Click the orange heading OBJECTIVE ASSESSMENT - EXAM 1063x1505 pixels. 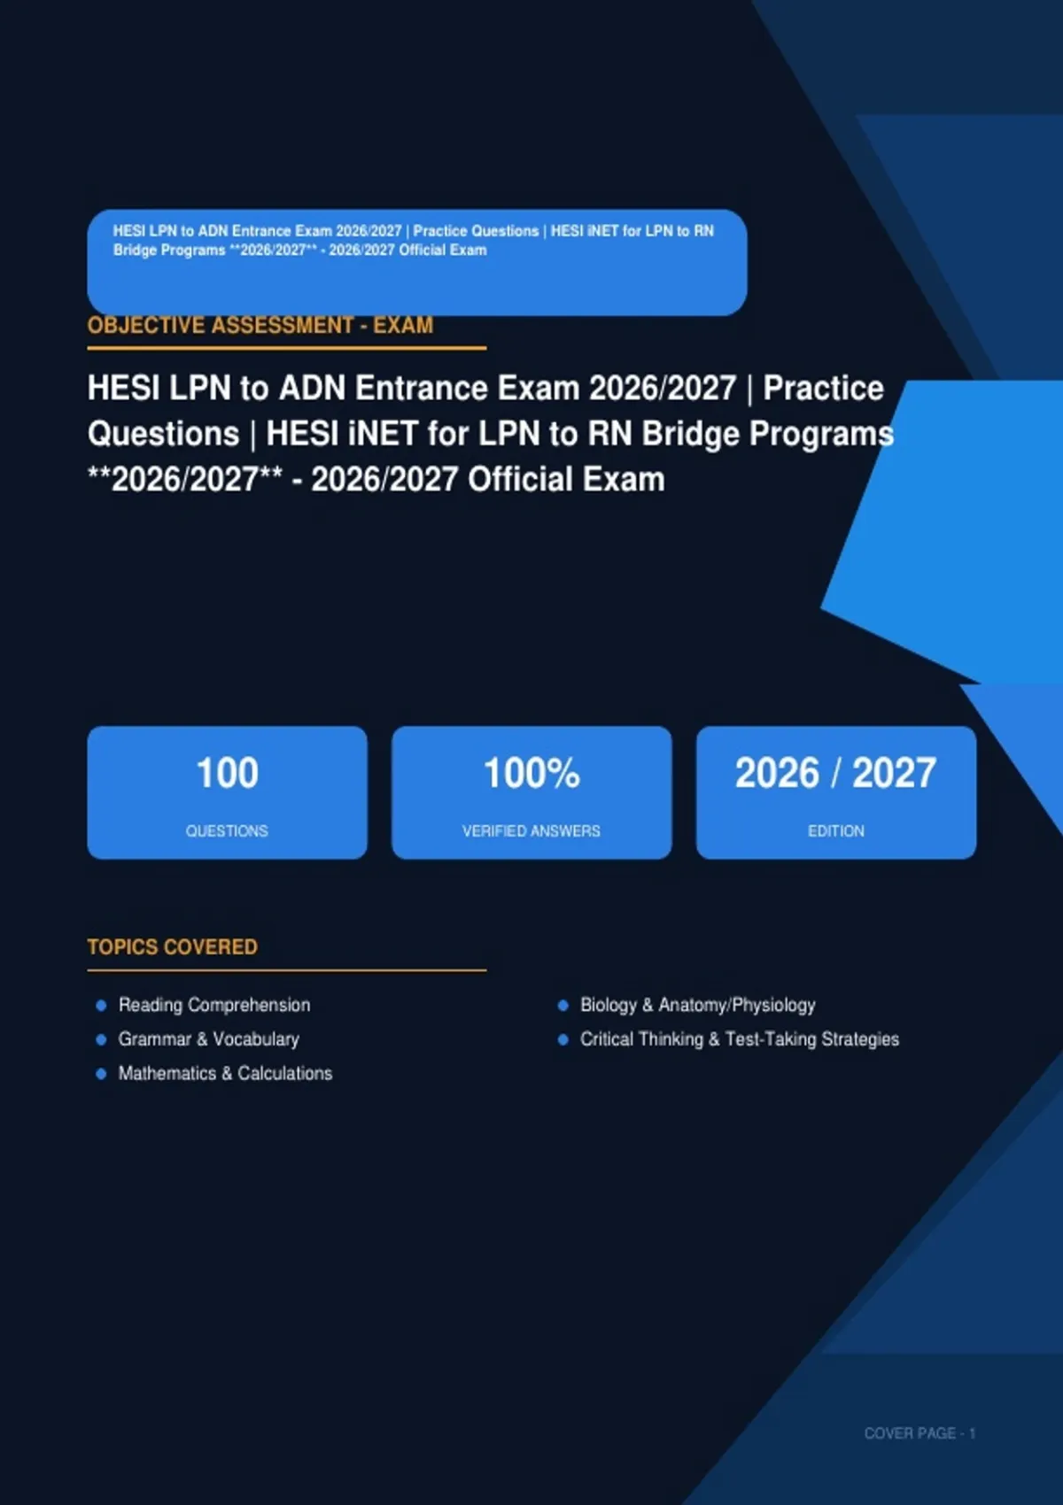pos(260,325)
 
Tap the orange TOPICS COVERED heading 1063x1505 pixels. pos(172,946)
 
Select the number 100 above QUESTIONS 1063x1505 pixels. pos(228,773)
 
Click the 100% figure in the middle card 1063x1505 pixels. pos(531,773)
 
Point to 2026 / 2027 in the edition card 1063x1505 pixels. pos(835,773)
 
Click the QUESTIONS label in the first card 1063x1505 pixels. pos(228,831)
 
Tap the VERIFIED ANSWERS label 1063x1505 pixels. pos(531,831)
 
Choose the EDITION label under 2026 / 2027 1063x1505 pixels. pos(835,831)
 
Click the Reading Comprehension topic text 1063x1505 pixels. pos(214,1005)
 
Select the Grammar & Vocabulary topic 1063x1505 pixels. pos(209,1038)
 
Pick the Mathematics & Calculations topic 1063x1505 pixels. pos(225,1073)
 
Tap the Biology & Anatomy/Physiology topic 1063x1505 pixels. pos(698,1005)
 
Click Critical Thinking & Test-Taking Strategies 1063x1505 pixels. pos(740,1038)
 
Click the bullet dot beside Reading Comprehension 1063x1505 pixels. pos(102,1005)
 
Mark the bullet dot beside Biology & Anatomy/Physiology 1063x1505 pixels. pos(563,1005)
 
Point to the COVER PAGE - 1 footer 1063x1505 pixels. pos(919,1433)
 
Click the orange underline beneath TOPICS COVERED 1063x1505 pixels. pos(287,970)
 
